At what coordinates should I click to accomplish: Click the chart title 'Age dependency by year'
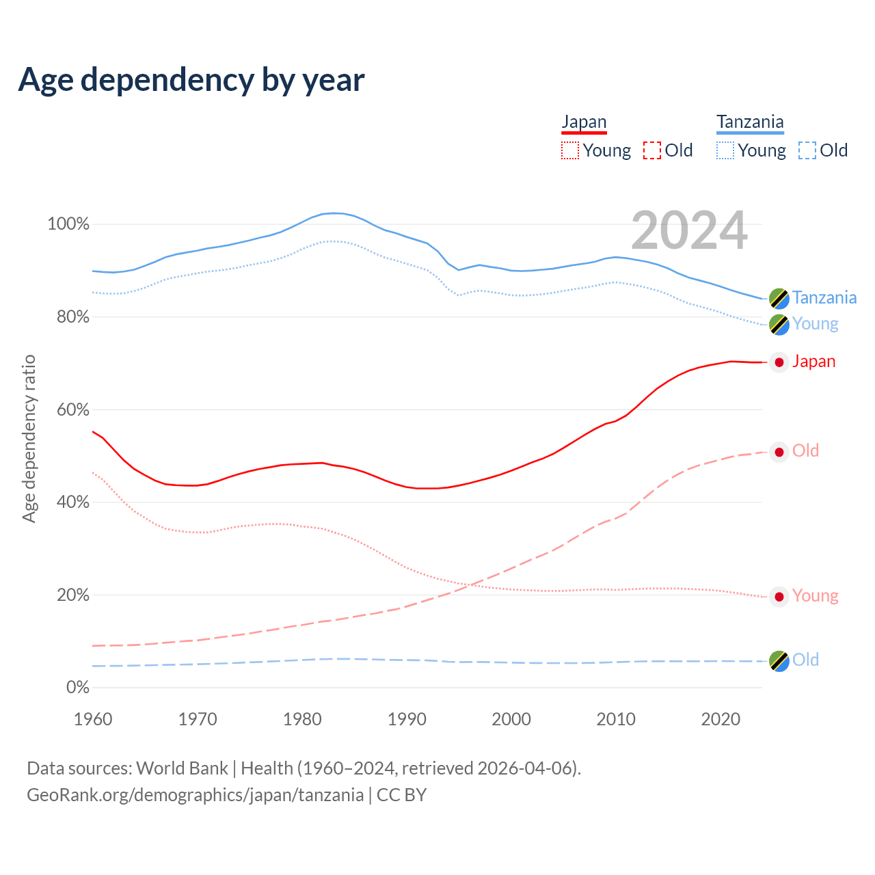191,80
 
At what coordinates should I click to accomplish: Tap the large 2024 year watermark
689,231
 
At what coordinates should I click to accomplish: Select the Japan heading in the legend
584,122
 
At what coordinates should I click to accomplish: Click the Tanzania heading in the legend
750,122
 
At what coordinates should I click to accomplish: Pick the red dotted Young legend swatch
569,150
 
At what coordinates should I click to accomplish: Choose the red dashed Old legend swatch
652,150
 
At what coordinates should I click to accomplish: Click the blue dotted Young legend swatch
725,150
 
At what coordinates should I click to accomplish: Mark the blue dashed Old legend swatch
807,150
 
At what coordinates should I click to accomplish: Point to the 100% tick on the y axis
68,224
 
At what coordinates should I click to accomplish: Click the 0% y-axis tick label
77,688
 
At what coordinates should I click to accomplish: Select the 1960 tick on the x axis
93,719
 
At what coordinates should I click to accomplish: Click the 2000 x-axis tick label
511,719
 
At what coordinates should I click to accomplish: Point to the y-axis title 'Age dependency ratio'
29,438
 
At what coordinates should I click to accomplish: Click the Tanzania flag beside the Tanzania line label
779,298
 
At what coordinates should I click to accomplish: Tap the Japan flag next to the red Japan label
779,362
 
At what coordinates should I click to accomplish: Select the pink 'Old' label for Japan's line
805,451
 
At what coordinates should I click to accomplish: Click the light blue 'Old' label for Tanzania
805,660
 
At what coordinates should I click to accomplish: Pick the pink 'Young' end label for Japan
815,596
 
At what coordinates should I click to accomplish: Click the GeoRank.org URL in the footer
195,795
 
